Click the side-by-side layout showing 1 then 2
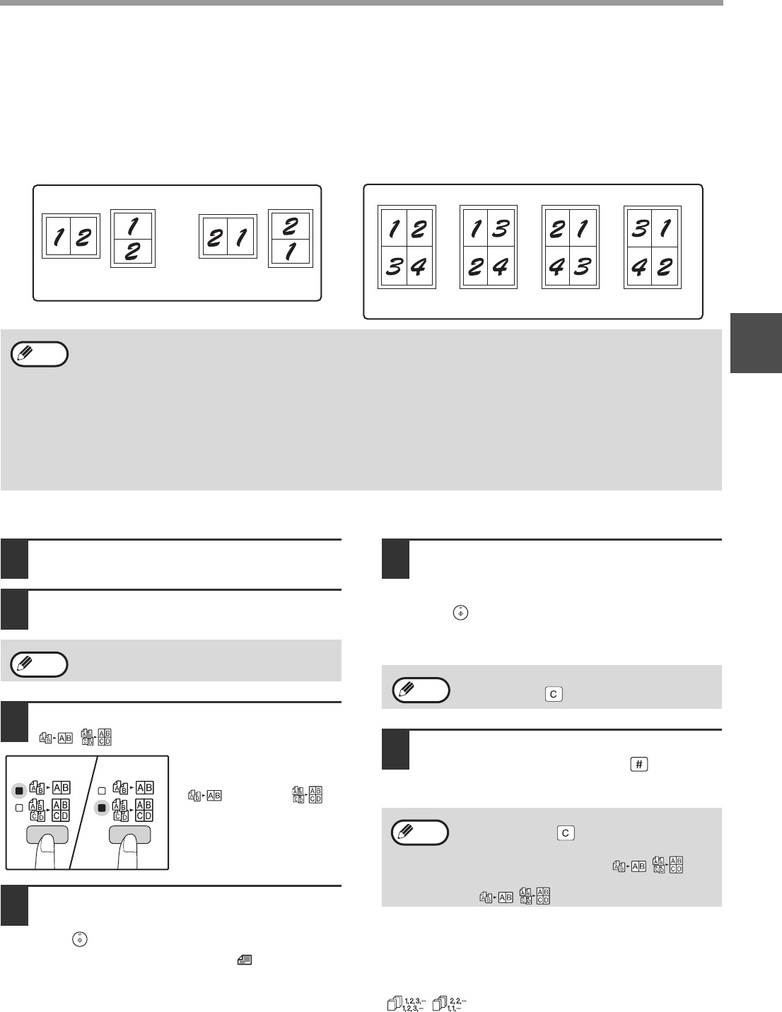pos(71,236)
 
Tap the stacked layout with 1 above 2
pos(133,238)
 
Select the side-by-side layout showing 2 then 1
pos(228,236)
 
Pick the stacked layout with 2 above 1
pos(291,238)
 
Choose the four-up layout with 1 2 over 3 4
pos(407,247)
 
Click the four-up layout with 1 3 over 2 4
pos(489,247)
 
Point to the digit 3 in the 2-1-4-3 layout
pos(583,267)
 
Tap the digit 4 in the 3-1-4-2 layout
pos(639,267)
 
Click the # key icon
pos(639,764)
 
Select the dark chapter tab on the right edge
pos(756,343)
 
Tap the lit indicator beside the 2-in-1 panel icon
pos(19,791)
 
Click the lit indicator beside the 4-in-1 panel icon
pos(102,808)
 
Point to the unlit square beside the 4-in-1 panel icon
pos(19,808)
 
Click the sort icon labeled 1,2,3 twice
pos(406,1003)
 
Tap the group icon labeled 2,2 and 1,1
pos(450,1003)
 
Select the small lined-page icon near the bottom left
pos(245,960)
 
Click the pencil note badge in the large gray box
pos(40,354)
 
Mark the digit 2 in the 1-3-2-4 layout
pos(475,267)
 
